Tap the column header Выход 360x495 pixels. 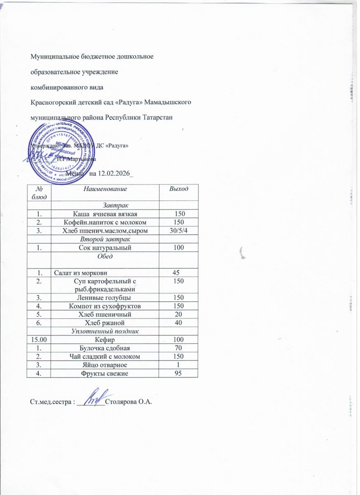pos(179,189)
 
